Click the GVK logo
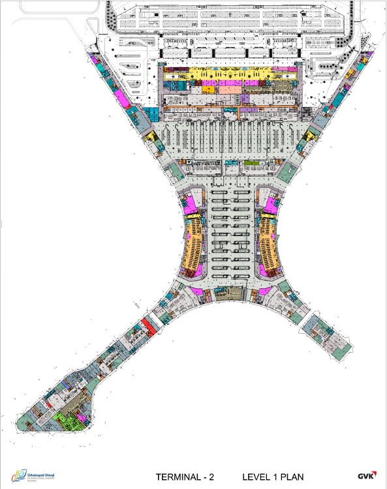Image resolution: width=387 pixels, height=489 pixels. pyautogui.click(x=365, y=476)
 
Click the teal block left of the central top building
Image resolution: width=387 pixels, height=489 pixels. pyautogui.click(x=151, y=115)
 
